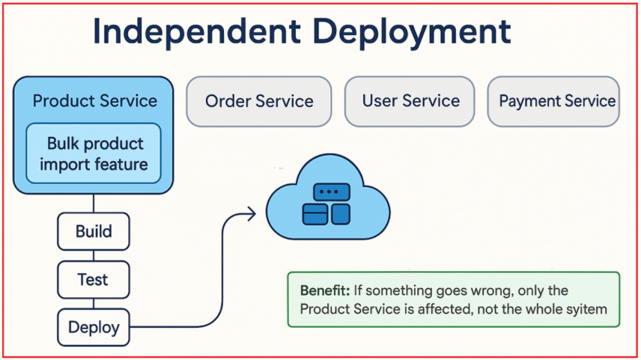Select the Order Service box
(x=258, y=101)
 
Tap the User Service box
(x=410, y=101)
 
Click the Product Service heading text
(x=94, y=101)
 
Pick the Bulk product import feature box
(x=94, y=153)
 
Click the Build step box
(x=94, y=231)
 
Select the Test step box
(x=94, y=280)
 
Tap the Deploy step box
(x=94, y=327)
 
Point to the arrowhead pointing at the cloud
(x=251, y=214)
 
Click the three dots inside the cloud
(x=326, y=192)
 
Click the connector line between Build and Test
(x=94, y=255)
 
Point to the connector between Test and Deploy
(x=94, y=304)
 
